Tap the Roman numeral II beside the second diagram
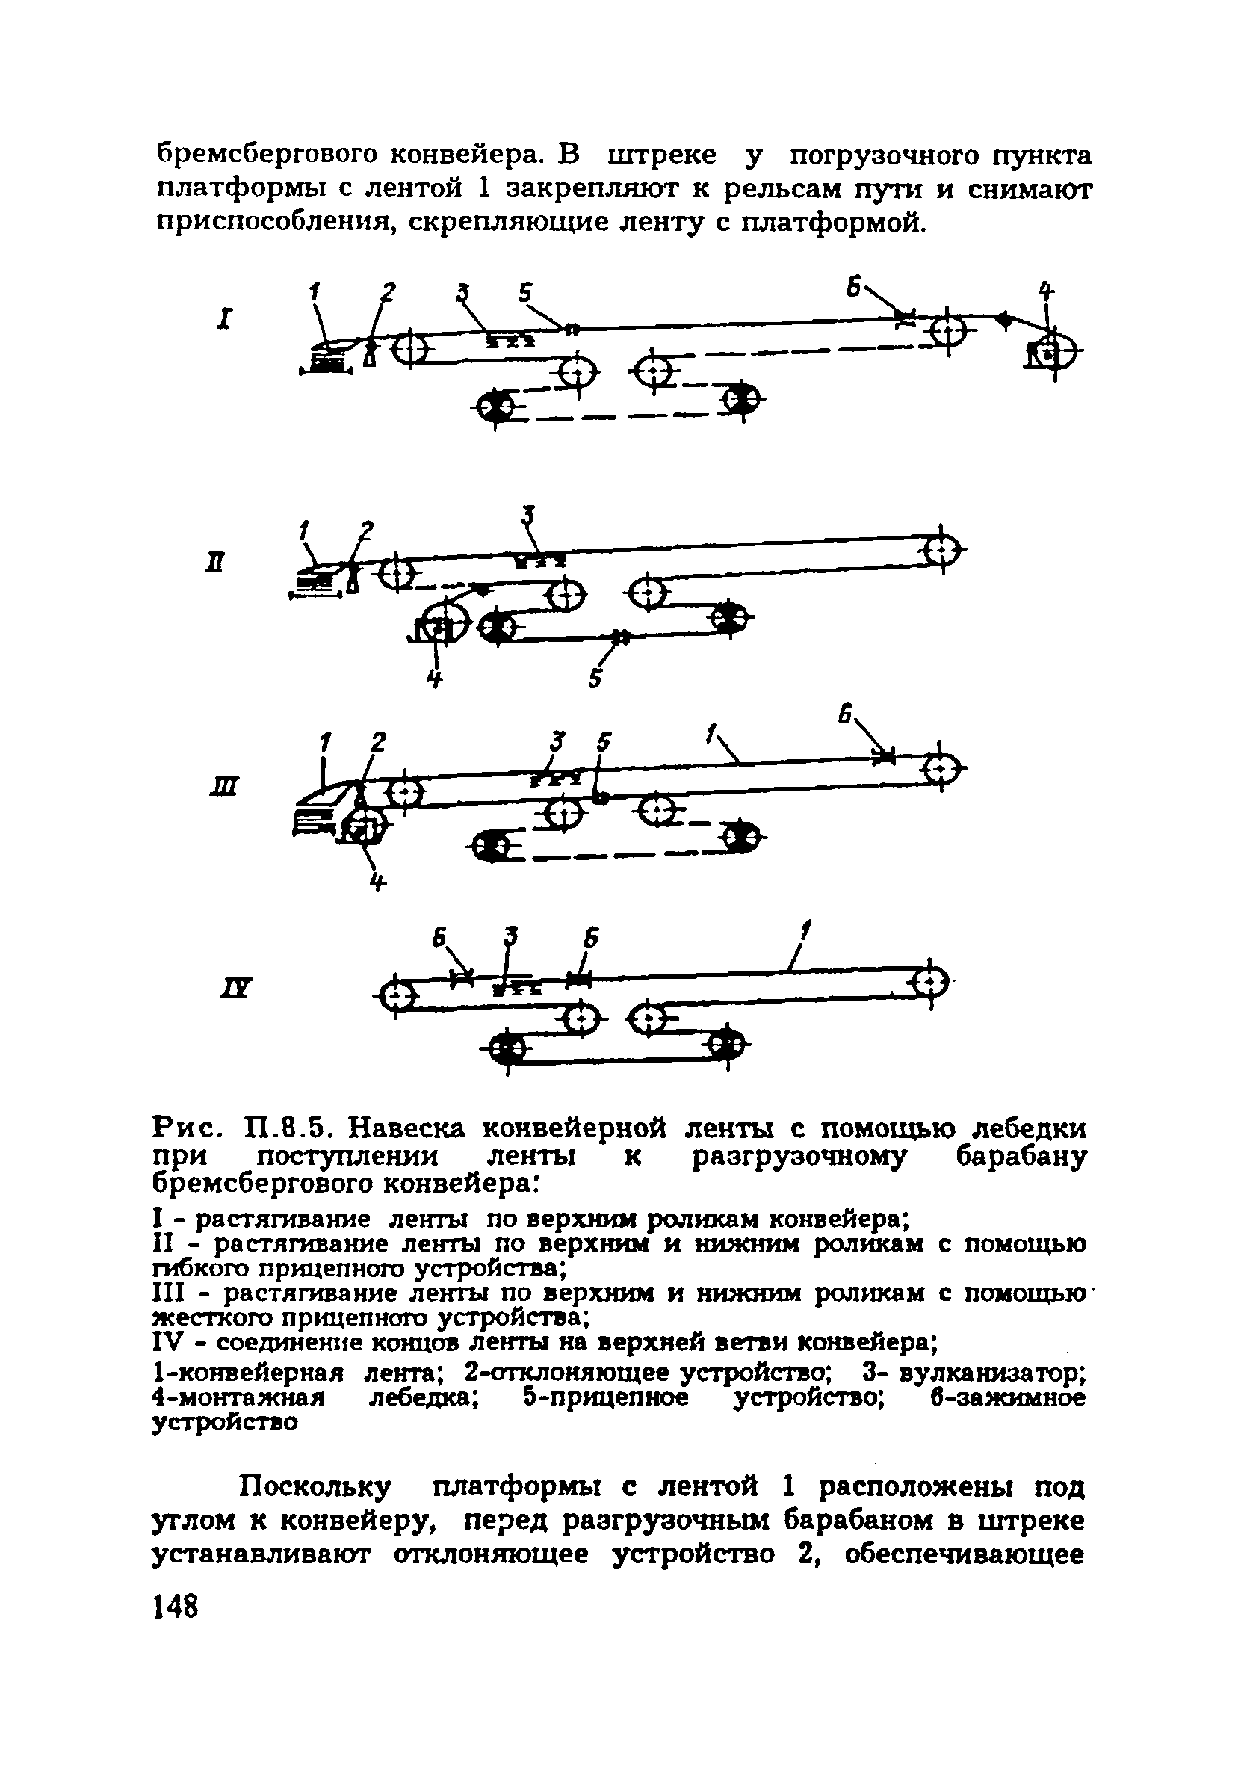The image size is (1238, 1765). tap(217, 563)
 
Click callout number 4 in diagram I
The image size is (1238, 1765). tap(1046, 291)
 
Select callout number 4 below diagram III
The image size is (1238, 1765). tap(376, 883)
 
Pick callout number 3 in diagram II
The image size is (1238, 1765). tap(527, 514)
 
